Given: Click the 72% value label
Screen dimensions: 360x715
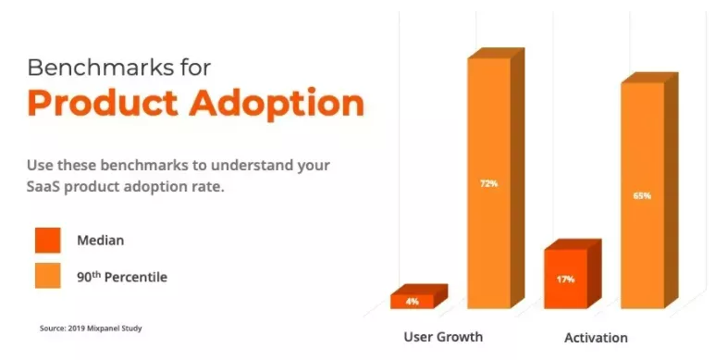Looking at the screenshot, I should coord(488,184).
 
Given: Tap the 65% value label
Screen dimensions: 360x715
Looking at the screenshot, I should coord(642,195).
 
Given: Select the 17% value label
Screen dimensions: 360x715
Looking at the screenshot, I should coord(565,279).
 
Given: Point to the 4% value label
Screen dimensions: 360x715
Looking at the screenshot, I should coord(411,302).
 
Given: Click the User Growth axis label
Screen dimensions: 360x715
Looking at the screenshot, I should coord(443,336).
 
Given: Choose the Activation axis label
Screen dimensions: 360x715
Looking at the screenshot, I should coord(596,337).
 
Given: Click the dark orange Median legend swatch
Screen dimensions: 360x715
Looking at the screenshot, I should coord(47,240).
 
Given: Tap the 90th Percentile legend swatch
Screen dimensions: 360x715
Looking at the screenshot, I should coord(47,276).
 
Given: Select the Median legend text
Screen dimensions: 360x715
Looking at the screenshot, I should coord(100,241).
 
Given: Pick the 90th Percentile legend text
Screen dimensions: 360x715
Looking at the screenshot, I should coord(122,276).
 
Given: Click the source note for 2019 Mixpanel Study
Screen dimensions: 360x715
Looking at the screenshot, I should coord(91,328).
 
